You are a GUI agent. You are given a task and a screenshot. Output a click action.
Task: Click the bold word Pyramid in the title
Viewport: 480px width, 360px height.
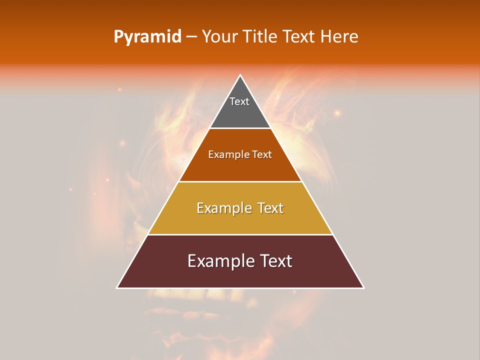click(147, 36)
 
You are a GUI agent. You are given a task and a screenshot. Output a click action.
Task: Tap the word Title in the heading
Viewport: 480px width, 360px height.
click(260, 36)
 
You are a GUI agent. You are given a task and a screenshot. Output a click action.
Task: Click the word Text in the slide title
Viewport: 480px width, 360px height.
click(299, 36)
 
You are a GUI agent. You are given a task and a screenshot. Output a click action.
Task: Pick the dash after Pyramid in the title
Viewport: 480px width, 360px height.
click(191, 37)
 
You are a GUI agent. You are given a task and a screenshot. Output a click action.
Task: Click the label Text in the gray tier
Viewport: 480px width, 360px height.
click(239, 101)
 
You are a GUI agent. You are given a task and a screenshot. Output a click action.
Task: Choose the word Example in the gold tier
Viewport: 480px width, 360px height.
click(222, 208)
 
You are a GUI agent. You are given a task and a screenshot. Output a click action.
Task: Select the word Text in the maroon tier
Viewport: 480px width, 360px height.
click(275, 261)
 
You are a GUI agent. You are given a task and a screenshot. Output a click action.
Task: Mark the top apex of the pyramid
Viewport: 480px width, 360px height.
click(240, 75)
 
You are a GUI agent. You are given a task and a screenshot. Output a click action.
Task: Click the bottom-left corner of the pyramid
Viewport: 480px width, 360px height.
click(117, 288)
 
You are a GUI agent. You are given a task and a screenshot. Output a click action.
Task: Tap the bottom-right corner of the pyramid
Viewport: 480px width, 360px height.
click(363, 288)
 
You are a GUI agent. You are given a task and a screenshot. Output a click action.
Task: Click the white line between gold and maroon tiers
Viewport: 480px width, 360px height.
click(240, 234)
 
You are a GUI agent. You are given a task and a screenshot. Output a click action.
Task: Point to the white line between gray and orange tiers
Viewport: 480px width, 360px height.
click(240, 128)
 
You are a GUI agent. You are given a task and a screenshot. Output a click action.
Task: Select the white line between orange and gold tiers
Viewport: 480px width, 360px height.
click(240, 181)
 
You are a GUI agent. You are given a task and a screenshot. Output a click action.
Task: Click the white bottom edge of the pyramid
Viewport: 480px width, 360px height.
click(240, 288)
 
